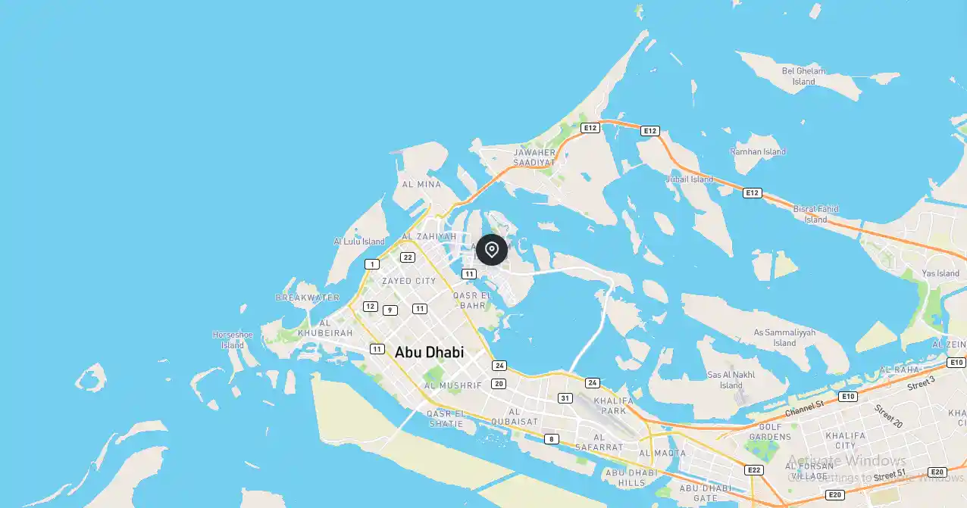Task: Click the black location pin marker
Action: click(492, 250)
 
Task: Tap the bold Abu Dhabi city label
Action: click(429, 352)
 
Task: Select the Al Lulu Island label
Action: click(359, 242)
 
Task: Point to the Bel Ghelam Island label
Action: click(803, 76)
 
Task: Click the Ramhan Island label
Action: click(758, 151)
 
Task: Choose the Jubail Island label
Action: click(689, 179)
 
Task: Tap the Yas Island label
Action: click(941, 273)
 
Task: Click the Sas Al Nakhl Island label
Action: click(731, 379)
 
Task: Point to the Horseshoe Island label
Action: click(233, 339)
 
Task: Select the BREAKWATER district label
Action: click(308, 298)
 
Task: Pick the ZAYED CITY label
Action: click(408, 281)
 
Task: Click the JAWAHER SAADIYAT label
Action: click(534, 157)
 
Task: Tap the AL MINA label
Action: click(421, 184)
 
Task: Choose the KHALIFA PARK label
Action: click(610, 405)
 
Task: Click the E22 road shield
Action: click(754, 470)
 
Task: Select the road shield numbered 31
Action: click(565, 397)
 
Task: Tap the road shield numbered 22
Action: click(408, 257)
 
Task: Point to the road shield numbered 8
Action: click(551, 439)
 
